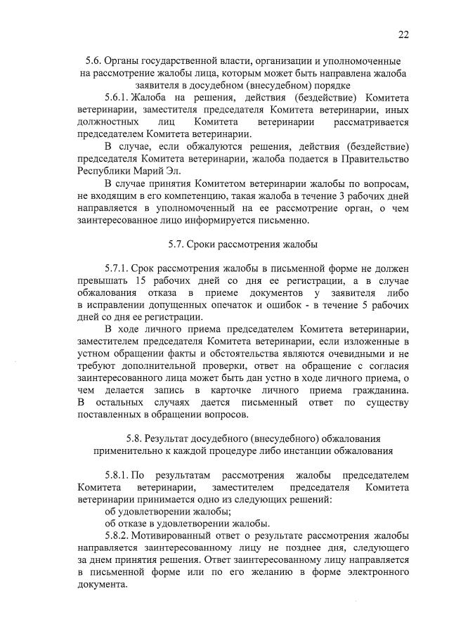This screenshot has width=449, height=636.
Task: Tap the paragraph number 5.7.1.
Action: coord(119,268)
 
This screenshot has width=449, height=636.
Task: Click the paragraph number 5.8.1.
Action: coord(119,476)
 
